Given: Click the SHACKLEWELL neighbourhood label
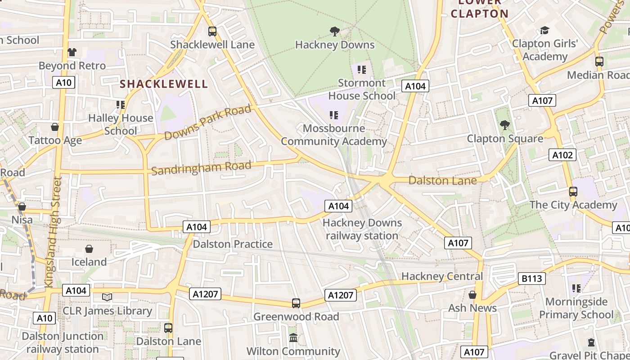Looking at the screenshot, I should point(164,84).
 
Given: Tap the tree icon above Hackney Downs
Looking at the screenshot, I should point(334,31).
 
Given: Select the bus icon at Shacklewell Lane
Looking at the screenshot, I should point(212,31).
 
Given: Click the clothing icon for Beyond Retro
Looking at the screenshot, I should point(72,52).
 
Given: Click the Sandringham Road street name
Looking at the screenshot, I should point(201,168).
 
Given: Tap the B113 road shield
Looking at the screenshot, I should point(532,279).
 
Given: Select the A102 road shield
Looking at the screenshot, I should point(562,155).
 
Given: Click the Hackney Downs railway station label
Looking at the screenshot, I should point(362,229).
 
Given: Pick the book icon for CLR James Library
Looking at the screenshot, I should point(107,297).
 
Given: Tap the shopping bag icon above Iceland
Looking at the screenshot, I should point(89,249).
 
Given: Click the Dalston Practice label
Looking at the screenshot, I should point(233,244).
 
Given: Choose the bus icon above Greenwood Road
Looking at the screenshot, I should point(296,303).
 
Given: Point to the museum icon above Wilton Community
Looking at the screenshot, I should point(293,337).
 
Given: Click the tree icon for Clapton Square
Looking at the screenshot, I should point(505,125).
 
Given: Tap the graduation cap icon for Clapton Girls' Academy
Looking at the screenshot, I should point(545,31).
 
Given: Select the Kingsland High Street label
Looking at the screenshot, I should point(53,232).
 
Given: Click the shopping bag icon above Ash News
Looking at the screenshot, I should point(472,295).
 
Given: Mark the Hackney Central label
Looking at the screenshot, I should point(442,276).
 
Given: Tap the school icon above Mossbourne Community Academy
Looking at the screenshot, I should point(333,115).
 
